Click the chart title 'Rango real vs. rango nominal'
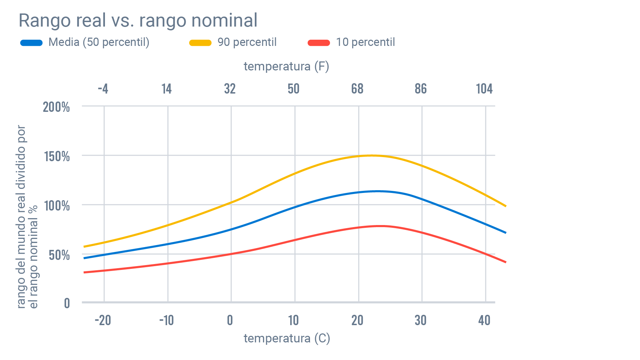(x=138, y=20)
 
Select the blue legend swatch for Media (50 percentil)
(x=31, y=43)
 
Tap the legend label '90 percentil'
(x=247, y=42)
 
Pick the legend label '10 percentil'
(x=365, y=42)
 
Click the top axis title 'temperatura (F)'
(x=286, y=66)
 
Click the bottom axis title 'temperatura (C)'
(x=287, y=338)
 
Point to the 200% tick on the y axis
(x=56, y=107)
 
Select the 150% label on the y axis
(x=57, y=156)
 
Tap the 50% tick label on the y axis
(x=59, y=255)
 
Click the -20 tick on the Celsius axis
(x=103, y=320)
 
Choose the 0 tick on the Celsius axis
(x=230, y=320)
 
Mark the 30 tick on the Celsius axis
(x=420, y=320)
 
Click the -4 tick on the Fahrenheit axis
(x=103, y=89)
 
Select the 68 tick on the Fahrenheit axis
(x=357, y=89)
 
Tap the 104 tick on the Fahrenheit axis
(x=484, y=89)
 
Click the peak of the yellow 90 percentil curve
(x=371, y=155)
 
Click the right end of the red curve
(x=505, y=262)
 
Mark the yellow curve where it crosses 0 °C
(x=231, y=203)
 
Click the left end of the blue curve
(x=84, y=258)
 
